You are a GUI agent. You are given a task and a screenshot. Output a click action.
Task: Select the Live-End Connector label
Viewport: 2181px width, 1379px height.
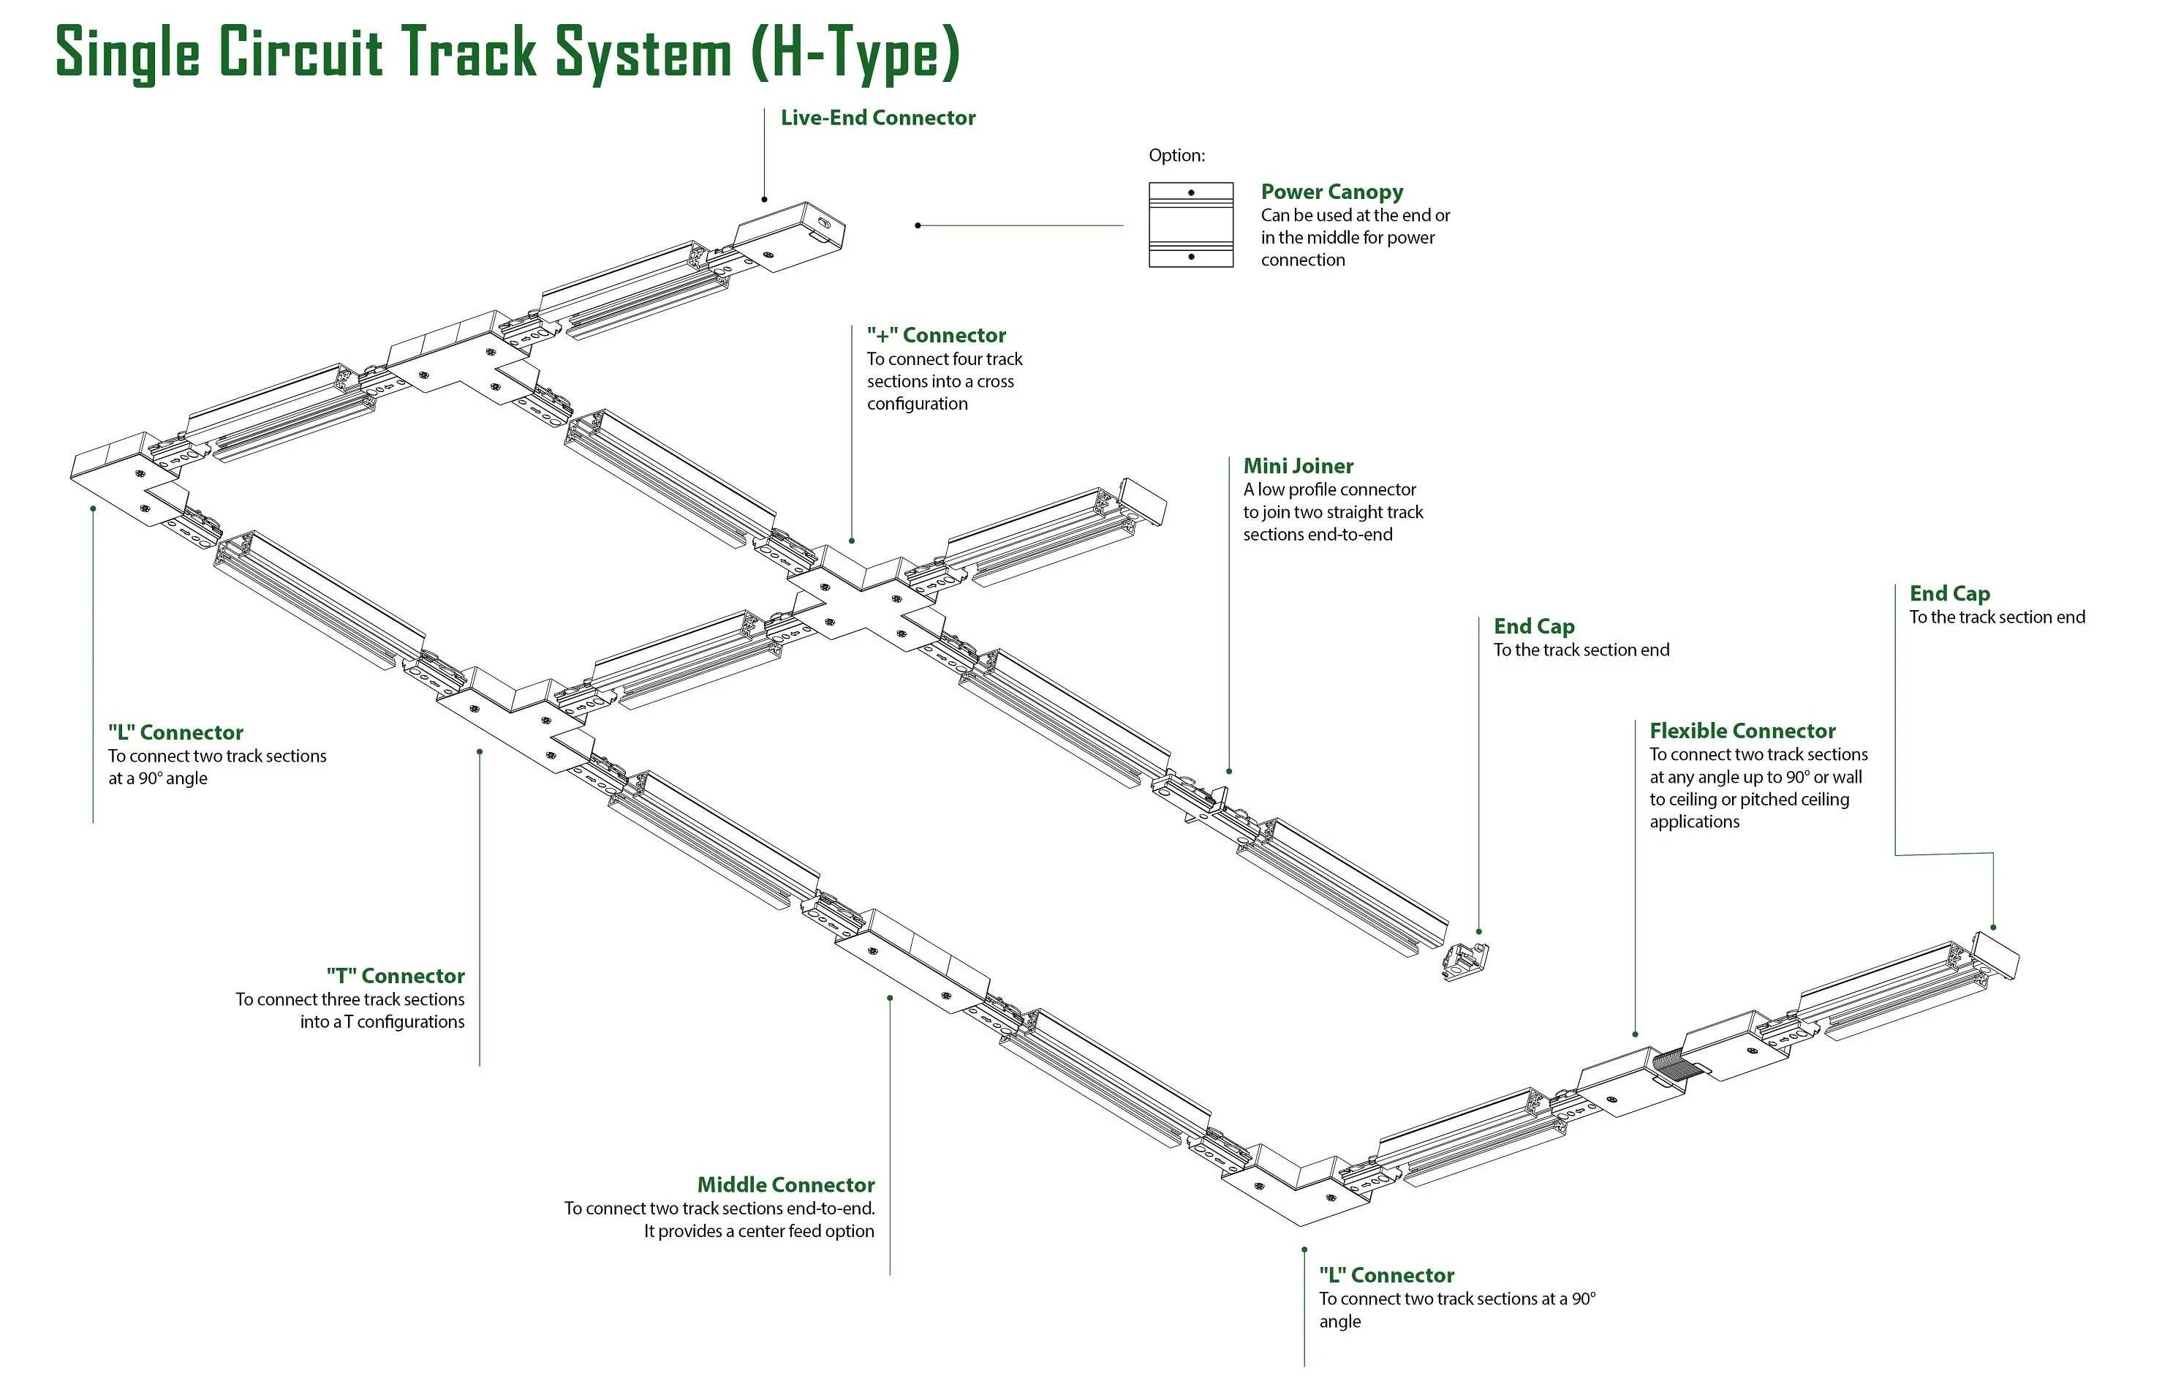pos(877,118)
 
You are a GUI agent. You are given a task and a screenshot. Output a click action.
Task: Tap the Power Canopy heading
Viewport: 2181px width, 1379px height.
pos(1331,192)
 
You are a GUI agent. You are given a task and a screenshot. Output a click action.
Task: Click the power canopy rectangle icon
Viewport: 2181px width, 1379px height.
pos(1190,225)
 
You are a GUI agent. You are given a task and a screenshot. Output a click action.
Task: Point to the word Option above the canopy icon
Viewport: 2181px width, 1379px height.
pos(1176,155)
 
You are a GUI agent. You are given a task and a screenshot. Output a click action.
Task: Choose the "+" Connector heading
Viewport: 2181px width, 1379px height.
pos(936,335)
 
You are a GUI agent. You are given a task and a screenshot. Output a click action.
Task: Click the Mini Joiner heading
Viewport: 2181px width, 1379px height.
pos(1297,466)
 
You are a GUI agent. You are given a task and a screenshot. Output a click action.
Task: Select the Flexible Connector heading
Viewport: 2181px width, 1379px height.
pos(1742,731)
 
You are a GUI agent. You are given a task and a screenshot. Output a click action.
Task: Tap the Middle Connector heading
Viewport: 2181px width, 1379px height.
pos(785,1185)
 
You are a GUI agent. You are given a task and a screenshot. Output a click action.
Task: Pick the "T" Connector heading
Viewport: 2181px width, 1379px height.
pos(395,976)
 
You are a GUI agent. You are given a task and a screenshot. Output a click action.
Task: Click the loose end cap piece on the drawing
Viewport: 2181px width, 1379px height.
pos(1464,962)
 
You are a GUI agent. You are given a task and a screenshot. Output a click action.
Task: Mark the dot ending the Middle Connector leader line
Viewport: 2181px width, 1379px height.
pos(889,999)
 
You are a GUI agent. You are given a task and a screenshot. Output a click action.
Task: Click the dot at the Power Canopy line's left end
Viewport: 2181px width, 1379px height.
pos(918,225)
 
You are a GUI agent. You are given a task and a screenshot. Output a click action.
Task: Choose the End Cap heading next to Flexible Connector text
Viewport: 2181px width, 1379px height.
pos(1949,593)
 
